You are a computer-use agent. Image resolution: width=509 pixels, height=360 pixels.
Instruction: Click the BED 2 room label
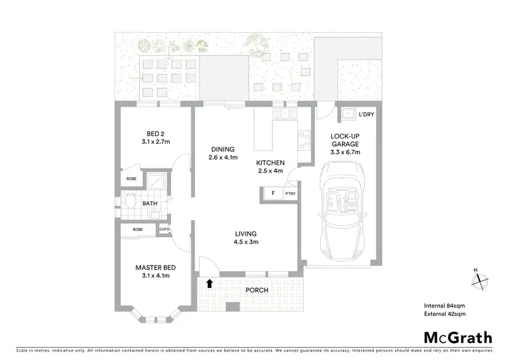(x=152, y=133)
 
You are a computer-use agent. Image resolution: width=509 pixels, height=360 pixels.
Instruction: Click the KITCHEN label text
(x=269, y=163)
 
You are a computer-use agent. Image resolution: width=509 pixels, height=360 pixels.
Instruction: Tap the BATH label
(x=150, y=202)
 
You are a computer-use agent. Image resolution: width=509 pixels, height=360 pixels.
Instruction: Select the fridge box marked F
(x=273, y=194)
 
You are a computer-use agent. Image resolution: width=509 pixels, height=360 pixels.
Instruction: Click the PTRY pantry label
(x=290, y=194)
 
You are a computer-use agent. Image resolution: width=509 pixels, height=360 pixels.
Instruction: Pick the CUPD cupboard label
(x=164, y=230)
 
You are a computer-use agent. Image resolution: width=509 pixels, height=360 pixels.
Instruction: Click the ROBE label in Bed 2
(x=131, y=179)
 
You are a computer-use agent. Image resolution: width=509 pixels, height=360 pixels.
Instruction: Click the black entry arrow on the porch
(x=210, y=283)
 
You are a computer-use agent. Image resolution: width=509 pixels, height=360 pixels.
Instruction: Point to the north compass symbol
(x=478, y=279)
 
